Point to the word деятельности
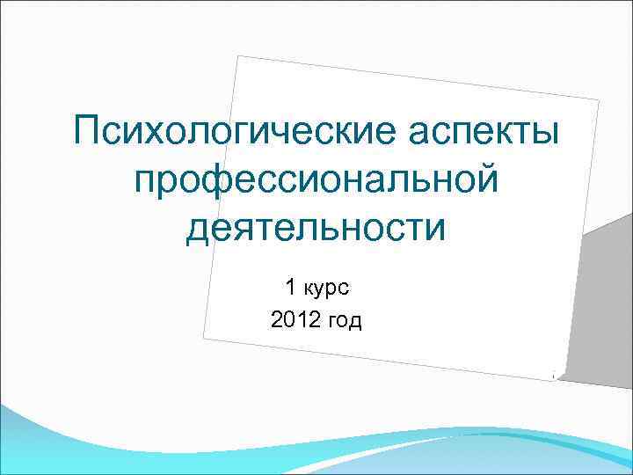coord(316,228)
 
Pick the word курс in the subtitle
coord(330,288)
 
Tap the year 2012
coord(295,321)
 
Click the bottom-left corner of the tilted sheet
coord(203,337)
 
